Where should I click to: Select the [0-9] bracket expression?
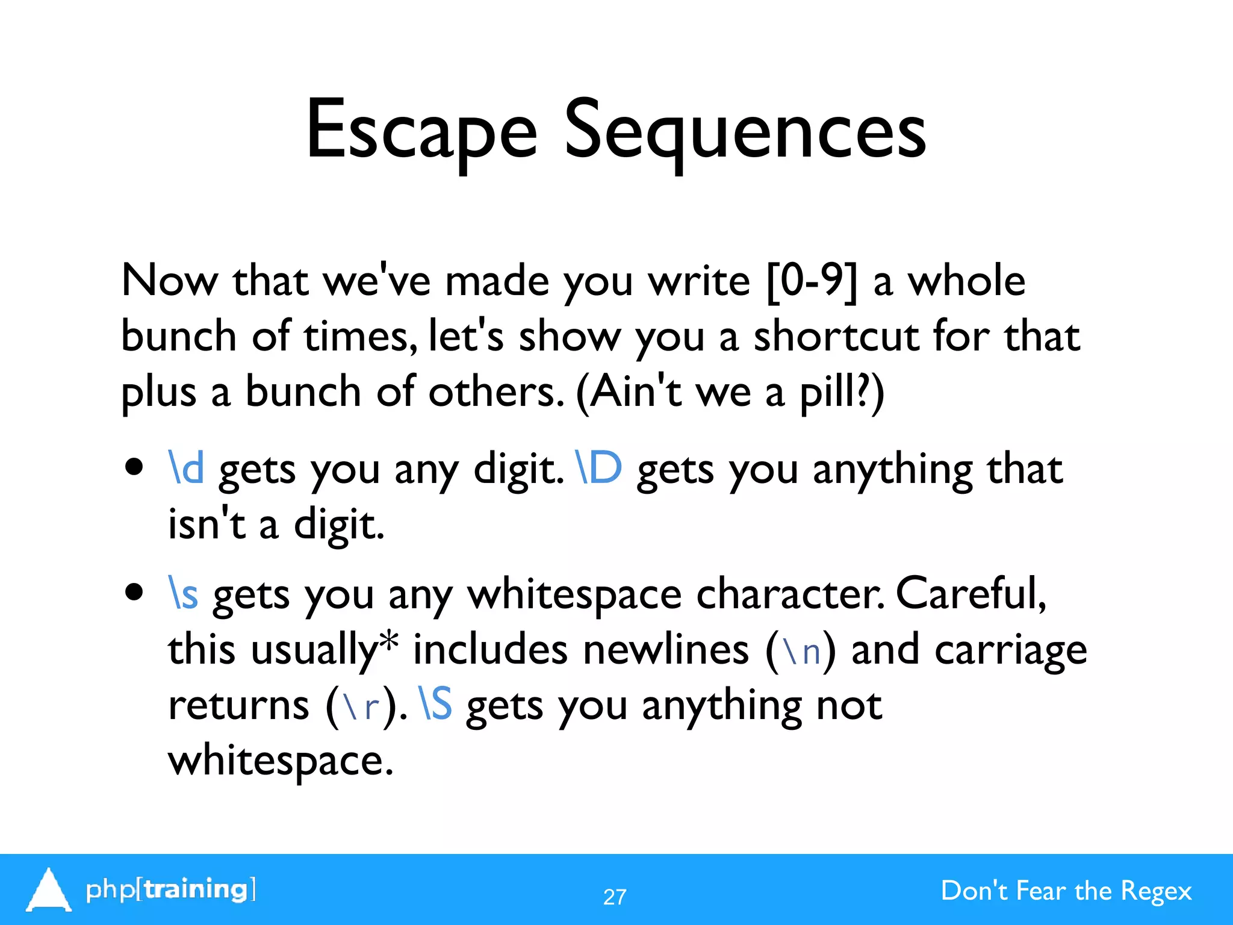pos(812,281)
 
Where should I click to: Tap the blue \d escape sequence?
pos(186,468)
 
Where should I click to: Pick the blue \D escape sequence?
pos(598,468)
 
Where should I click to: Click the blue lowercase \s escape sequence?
pos(183,594)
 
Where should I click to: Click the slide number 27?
pos(615,897)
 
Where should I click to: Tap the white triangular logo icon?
pos(48,889)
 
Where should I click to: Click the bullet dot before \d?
pos(135,467)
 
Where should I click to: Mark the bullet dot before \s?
pos(135,592)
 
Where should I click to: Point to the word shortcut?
pos(836,336)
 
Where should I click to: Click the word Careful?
pos(971,594)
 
